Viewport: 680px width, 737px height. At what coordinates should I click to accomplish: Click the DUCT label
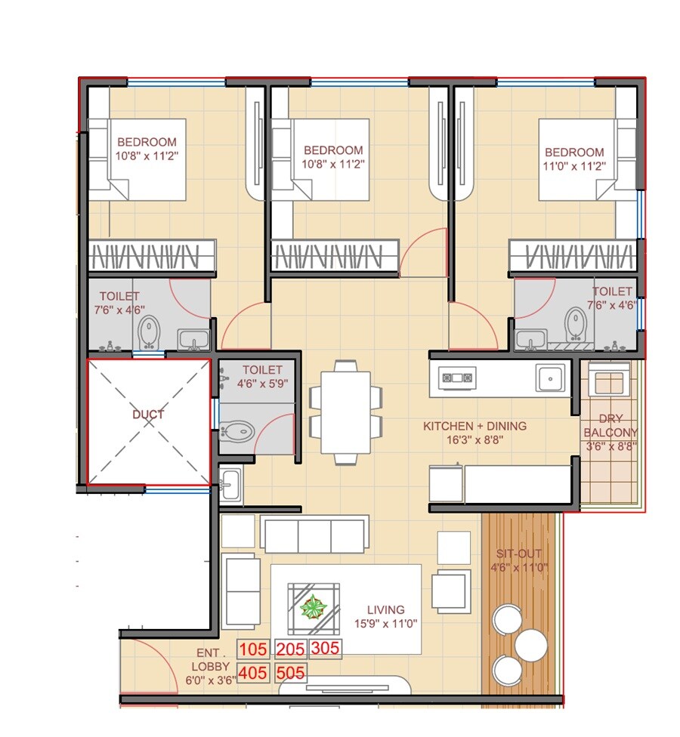(x=148, y=415)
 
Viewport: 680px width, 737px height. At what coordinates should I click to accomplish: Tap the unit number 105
(x=253, y=649)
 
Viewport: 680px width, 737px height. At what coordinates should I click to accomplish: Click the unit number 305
(x=326, y=649)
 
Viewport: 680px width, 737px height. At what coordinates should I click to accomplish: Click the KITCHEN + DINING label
(x=474, y=427)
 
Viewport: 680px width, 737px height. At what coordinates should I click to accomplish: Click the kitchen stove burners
(x=458, y=377)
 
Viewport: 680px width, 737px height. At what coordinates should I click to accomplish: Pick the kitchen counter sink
(x=550, y=376)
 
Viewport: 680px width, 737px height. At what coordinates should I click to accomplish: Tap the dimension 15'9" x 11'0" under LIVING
(x=385, y=624)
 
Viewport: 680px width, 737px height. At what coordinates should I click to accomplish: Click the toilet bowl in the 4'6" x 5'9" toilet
(x=236, y=432)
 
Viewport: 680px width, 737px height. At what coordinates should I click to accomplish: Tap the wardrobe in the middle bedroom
(x=334, y=255)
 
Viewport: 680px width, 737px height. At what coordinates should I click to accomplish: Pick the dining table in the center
(x=345, y=412)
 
